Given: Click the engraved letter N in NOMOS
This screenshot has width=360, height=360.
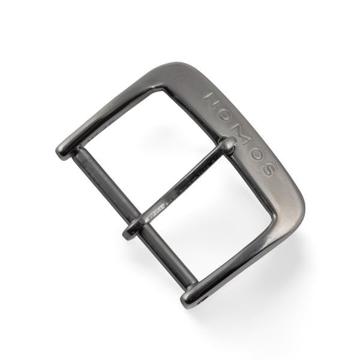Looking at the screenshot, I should coord(214,98).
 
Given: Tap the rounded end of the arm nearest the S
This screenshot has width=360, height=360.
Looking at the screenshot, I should coord(191,294).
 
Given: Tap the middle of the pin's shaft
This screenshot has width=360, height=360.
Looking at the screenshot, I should coord(180,189).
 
